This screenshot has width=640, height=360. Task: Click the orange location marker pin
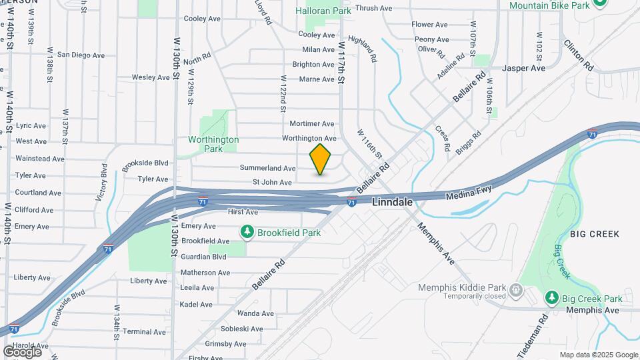320,159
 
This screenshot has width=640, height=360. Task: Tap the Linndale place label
392,201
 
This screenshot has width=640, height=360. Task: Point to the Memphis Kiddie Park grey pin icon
515,289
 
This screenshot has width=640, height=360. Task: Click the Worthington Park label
213,144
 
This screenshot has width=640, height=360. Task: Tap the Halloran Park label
323,11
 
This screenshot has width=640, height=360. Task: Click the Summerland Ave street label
267,169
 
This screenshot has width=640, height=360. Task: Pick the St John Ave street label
272,182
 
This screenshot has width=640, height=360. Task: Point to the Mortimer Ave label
312,124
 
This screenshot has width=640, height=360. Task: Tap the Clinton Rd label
578,55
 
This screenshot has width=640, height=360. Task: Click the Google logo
22,351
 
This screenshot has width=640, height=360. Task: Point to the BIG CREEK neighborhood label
595,234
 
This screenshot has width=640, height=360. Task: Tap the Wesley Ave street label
151,77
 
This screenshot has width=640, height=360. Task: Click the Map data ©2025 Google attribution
599,355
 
